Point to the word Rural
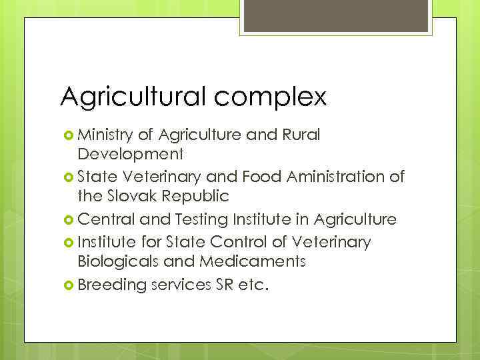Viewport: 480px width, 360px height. click(303, 135)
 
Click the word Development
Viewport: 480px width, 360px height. click(130, 155)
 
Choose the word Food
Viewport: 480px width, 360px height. click(264, 177)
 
